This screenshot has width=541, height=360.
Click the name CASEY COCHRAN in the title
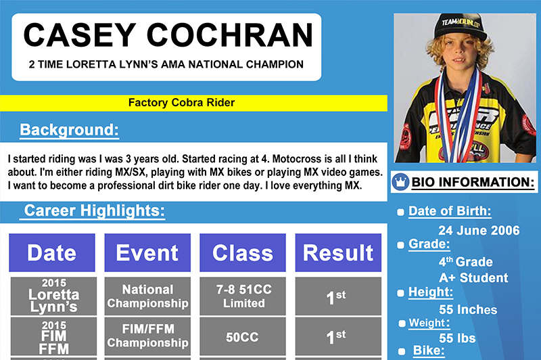coord(168,35)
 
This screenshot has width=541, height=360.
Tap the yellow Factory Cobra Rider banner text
coord(181,102)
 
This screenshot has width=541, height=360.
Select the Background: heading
coord(70,130)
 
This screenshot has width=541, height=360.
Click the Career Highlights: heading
coord(94,210)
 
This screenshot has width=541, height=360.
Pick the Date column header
coord(52,252)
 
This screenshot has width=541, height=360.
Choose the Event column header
coord(147,252)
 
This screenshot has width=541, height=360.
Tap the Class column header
coord(243,252)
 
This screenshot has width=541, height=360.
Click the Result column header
coord(338,252)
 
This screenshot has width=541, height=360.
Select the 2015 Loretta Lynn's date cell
coord(53,296)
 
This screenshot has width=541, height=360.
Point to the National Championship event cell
coord(147,296)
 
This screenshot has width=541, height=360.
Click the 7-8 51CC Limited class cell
coord(243,296)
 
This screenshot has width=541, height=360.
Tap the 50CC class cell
coord(243,337)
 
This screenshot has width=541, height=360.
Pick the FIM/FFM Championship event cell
coord(147,336)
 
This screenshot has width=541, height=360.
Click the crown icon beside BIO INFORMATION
coord(400,181)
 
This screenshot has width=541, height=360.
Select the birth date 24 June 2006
coord(479,230)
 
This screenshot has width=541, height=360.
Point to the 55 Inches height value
coord(468,310)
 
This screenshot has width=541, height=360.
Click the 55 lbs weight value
coord(457,338)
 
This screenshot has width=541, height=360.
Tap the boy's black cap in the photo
coord(460,26)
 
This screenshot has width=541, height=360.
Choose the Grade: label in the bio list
coord(429,244)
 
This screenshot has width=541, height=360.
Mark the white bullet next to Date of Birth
coord(400,212)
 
